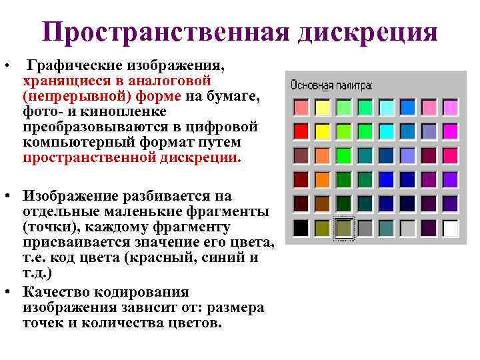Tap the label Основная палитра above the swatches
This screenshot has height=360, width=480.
331,86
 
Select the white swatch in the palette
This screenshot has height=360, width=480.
451,228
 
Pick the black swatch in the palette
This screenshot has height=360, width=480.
301,228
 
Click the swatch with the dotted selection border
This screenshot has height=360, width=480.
344,228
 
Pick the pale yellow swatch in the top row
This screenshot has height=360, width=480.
322,107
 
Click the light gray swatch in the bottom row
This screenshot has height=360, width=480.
408,228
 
